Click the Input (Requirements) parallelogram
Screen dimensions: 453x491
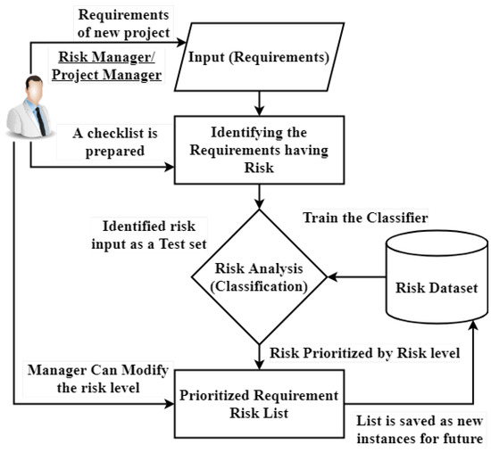pyautogui.click(x=259, y=59)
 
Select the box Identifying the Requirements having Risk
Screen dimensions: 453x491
pyautogui.click(x=259, y=147)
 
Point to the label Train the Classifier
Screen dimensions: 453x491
pyautogui.click(x=363, y=218)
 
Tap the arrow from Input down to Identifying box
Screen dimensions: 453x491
pyautogui.click(x=259, y=100)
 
